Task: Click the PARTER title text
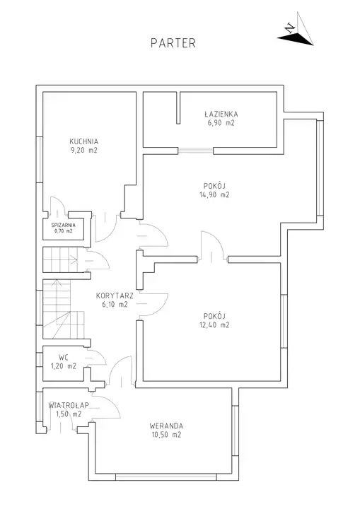tap(173, 43)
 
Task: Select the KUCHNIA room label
tap(84, 141)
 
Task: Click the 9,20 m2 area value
tap(84, 151)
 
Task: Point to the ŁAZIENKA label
tap(221, 114)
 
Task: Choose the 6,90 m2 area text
tap(221, 123)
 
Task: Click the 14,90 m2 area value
tap(214, 195)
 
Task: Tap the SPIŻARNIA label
tap(64, 225)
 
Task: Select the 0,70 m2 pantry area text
tap(64, 231)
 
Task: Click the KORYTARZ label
tap(115, 296)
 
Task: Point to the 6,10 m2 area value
tap(115, 305)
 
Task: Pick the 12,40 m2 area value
tap(214, 324)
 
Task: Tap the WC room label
tap(64, 358)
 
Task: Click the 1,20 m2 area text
tap(64, 366)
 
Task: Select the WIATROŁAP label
tap(69, 405)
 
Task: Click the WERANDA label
tap(166, 426)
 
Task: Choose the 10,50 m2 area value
tap(166, 435)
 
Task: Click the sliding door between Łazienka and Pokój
tap(196, 151)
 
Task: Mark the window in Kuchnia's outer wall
tap(40, 159)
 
